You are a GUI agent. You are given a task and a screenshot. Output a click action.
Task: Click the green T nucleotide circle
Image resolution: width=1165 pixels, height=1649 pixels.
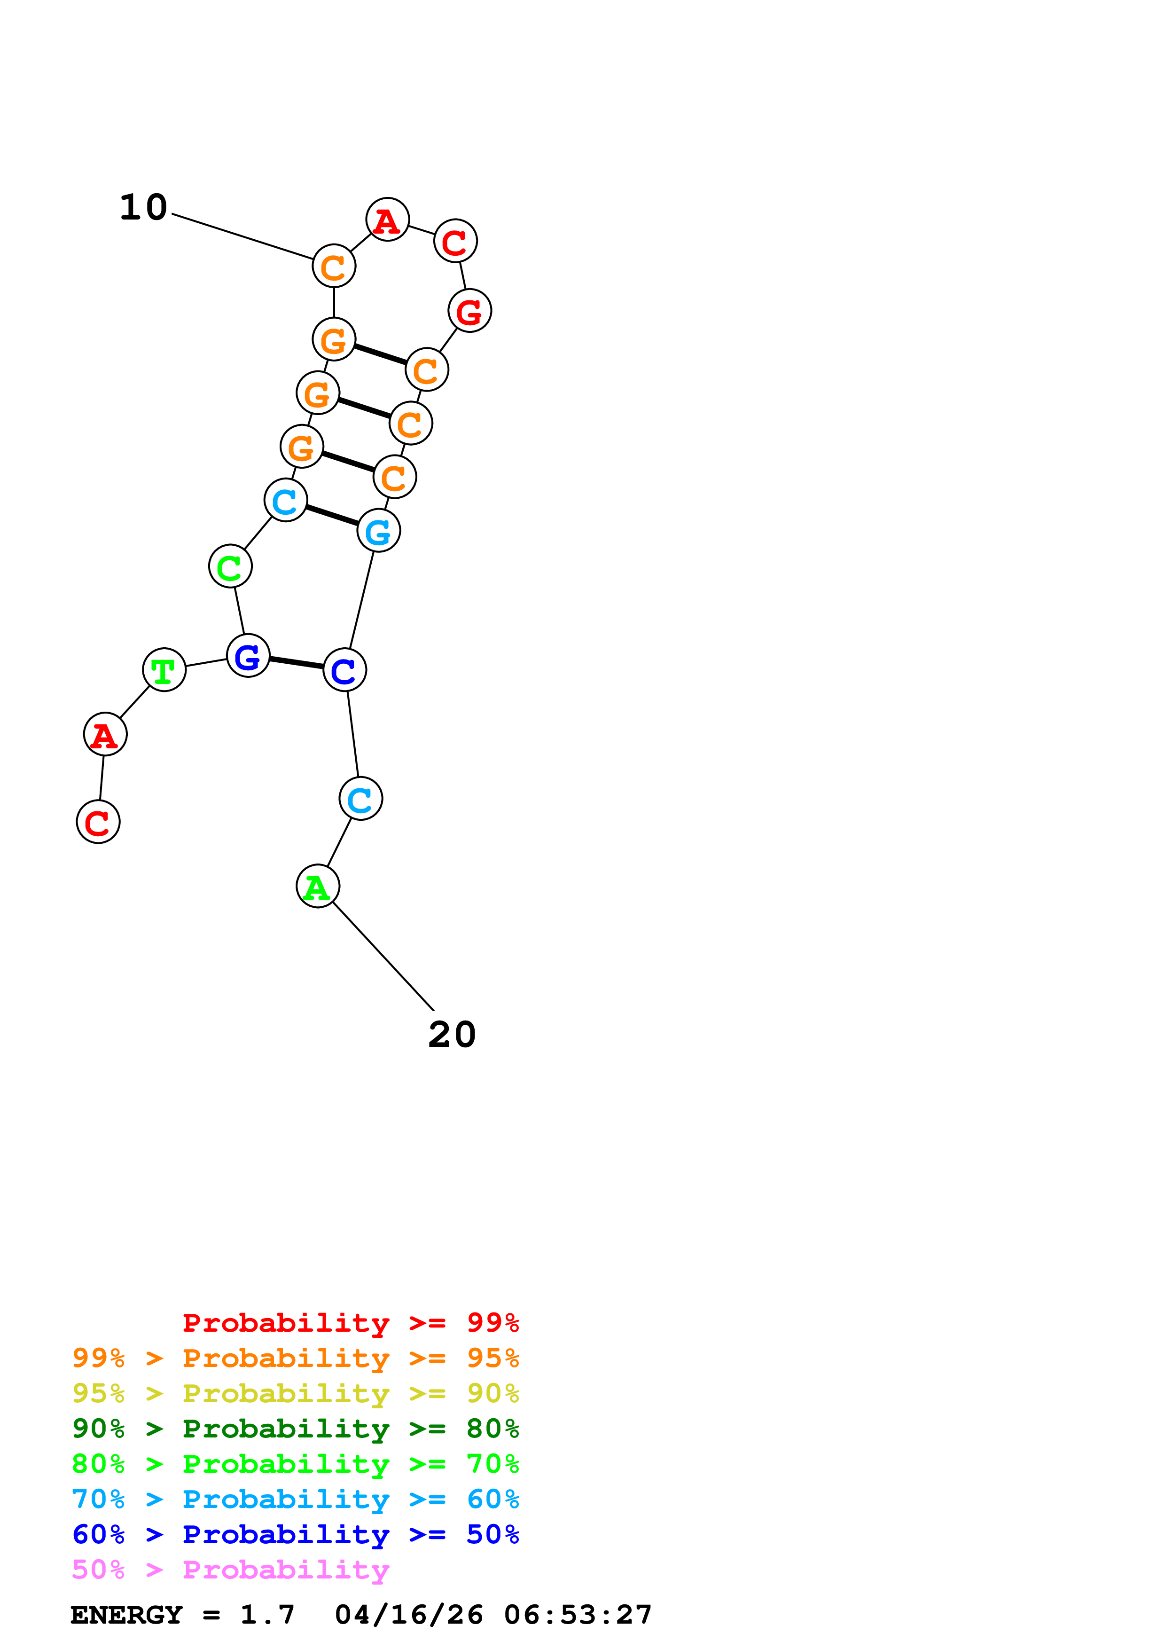164,669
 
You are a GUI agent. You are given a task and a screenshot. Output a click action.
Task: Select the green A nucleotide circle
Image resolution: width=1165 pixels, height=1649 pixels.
317,886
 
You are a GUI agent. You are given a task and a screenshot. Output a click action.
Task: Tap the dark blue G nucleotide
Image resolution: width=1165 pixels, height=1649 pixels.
248,656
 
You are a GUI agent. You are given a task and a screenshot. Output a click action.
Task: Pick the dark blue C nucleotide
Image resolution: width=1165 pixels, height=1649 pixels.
344,669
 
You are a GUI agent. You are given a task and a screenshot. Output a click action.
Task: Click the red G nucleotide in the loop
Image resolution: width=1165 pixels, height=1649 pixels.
469,310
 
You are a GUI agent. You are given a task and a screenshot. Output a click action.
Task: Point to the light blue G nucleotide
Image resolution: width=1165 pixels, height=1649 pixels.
378,531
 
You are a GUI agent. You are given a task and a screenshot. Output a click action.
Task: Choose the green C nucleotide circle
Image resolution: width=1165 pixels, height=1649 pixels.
230,566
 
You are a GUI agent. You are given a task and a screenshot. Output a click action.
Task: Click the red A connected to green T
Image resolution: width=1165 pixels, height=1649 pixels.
105,734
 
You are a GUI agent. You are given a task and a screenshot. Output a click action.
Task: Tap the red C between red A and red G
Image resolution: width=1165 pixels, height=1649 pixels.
455,241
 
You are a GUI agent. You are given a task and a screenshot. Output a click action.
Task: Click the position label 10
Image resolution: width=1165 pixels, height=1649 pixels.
143,208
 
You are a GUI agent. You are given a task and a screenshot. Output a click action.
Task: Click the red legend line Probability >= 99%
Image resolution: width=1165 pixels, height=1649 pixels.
350,1322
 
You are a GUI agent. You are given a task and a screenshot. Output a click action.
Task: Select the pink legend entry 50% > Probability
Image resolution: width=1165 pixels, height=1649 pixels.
230,1569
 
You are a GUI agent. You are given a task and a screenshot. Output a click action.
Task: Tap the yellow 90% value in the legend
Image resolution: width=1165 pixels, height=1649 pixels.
493,1393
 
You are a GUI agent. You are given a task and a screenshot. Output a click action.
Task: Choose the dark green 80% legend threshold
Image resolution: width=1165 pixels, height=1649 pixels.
493,1429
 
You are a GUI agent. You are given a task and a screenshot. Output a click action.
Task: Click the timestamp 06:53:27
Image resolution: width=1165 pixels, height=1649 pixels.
578,1615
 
